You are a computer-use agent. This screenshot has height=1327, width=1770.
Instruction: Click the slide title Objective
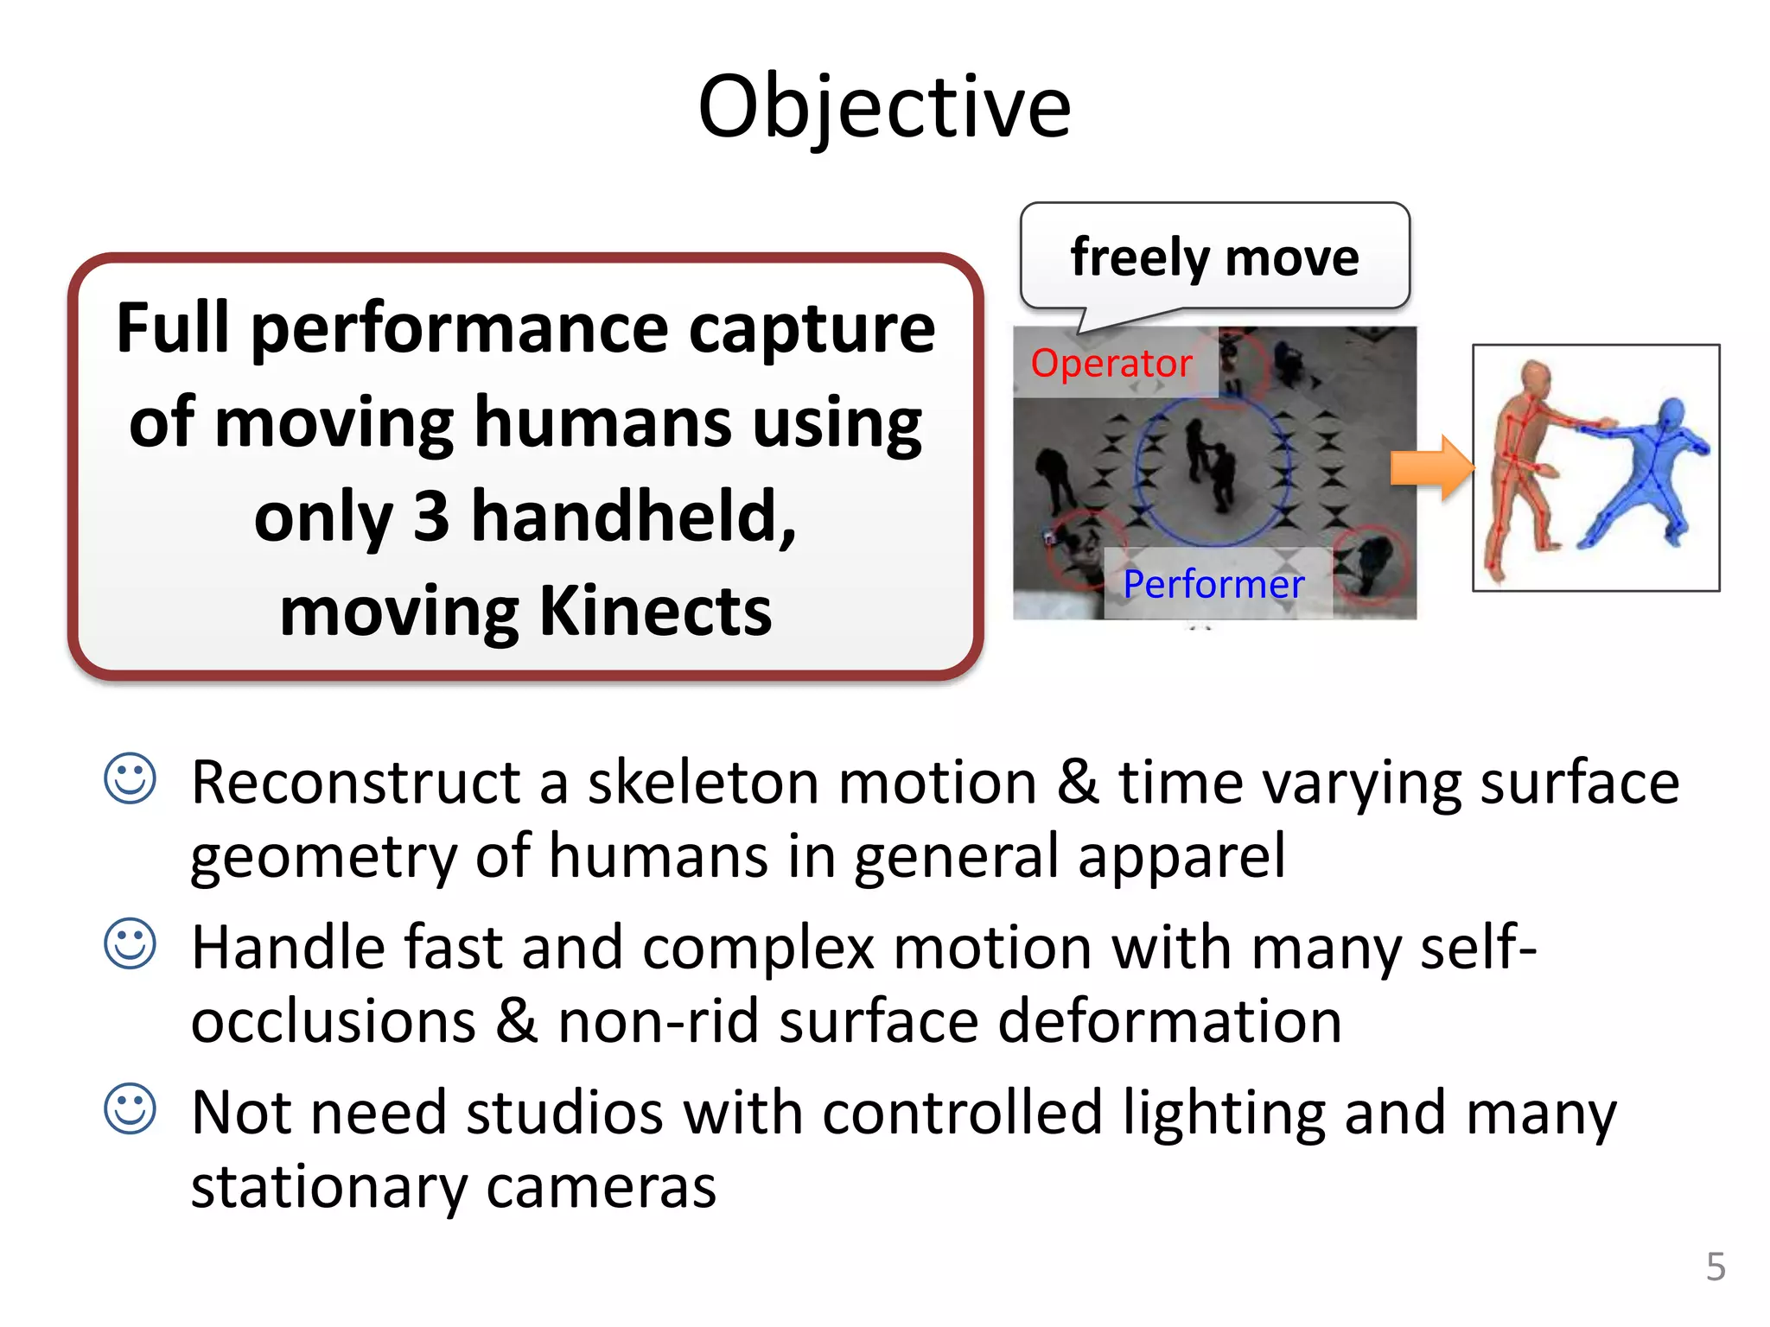pyautogui.click(x=884, y=107)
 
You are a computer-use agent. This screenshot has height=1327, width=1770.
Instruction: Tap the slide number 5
pyautogui.click(x=1716, y=1267)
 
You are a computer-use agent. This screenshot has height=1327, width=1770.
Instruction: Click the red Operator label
pyautogui.click(x=1111, y=363)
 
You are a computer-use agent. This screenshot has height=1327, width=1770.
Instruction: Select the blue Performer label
pyautogui.click(x=1213, y=585)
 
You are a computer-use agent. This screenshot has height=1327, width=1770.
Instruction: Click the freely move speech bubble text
pyautogui.click(x=1214, y=257)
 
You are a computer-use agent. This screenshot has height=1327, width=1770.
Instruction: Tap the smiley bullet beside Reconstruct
pyautogui.click(x=130, y=778)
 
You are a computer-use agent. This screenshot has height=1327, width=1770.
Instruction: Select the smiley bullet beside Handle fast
pyautogui.click(x=130, y=943)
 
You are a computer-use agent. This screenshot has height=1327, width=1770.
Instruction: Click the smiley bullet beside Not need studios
pyautogui.click(x=130, y=1108)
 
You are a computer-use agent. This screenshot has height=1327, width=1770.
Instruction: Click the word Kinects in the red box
pyautogui.click(x=655, y=611)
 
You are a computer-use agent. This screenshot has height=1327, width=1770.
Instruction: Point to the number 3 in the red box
pyautogui.click(x=431, y=516)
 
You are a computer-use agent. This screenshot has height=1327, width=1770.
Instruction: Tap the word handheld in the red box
pyautogui.click(x=634, y=516)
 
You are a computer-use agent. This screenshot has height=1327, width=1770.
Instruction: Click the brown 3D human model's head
pyautogui.click(x=1535, y=377)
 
